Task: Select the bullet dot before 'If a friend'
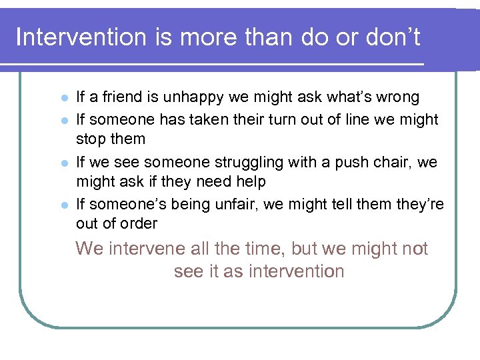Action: click(x=63, y=98)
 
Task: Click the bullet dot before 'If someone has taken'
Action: click(x=63, y=120)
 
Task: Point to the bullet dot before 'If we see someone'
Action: click(x=63, y=163)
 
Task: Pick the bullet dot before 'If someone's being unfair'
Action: click(x=63, y=205)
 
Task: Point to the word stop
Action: click(x=91, y=139)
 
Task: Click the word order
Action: click(x=138, y=223)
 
